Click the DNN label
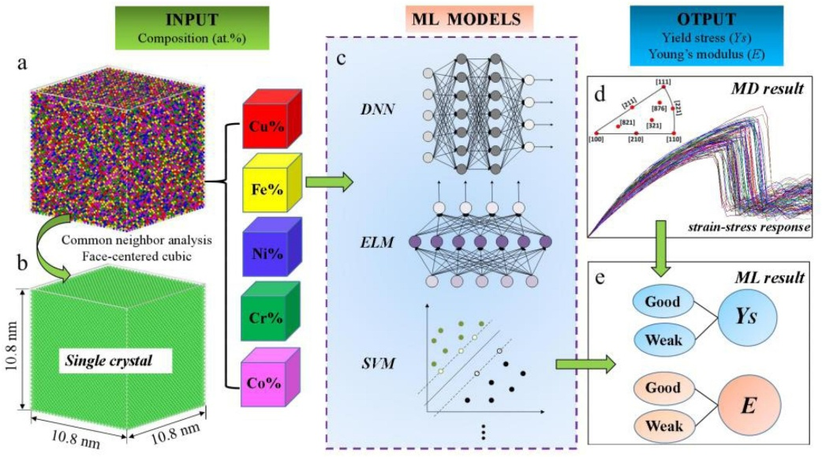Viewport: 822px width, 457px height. [x=370, y=122]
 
